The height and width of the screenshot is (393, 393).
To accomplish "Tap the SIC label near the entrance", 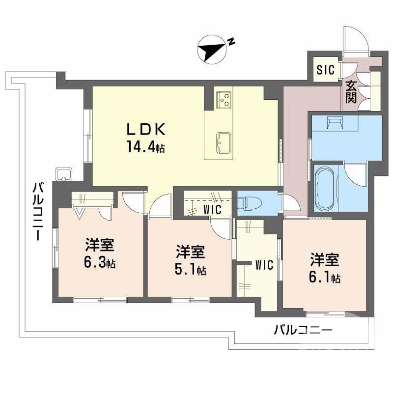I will [325, 70].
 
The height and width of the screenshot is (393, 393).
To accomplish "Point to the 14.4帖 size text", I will [146, 147].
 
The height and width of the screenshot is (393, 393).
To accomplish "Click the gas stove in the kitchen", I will [225, 99].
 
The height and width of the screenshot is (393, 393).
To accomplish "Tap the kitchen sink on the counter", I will [224, 142].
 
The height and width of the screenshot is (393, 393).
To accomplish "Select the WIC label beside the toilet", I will [212, 210].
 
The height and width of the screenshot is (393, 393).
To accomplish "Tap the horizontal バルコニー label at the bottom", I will [303, 330].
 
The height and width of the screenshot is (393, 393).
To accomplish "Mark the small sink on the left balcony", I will [64, 173].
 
